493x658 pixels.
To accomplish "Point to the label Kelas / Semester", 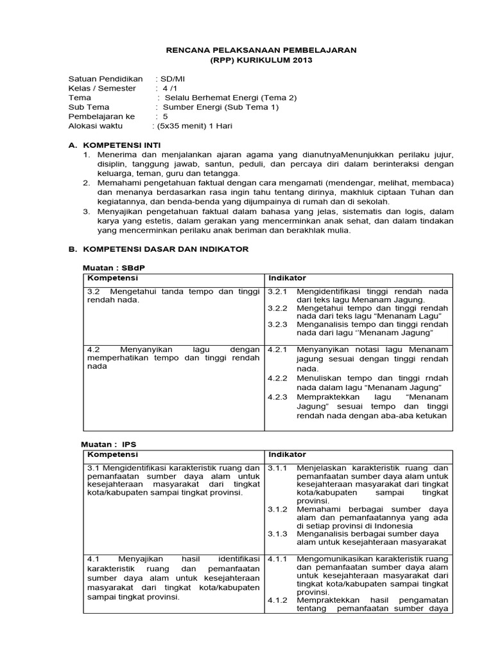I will point(102,88).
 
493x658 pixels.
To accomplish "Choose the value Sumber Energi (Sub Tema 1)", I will point(221,107).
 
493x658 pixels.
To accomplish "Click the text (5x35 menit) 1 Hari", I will point(194,126).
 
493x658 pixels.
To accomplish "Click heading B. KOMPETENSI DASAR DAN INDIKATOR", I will point(158,249).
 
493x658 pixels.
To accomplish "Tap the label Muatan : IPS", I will point(109,444).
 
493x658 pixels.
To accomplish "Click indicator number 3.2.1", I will point(278,291).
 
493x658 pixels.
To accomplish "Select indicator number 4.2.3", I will point(278,397).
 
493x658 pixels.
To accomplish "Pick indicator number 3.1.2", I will point(278,509).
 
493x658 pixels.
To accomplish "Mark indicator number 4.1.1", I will point(278,558).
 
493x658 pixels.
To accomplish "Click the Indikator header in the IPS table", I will point(287,455).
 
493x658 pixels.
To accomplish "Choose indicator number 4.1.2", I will point(278,600).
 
